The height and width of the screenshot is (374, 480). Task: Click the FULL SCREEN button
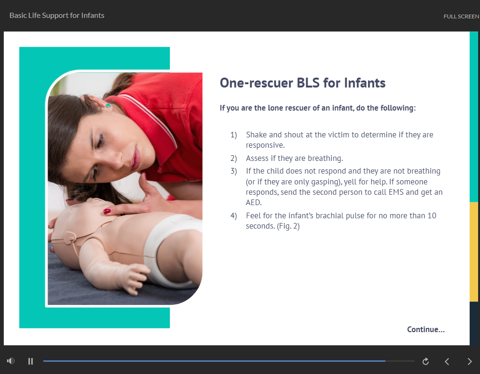(461, 16)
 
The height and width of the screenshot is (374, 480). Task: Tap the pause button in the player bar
(31, 361)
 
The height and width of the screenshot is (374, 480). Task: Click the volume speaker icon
(11, 361)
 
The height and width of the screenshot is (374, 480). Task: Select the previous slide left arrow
(447, 362)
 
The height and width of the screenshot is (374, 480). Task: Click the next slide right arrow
(470, 362)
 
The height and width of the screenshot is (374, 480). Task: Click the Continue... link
(426, 330)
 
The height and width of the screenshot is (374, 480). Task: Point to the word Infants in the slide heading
(365, 83)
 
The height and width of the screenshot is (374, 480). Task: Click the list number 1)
(233, 135)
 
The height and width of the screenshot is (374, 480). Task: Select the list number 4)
(233, 216)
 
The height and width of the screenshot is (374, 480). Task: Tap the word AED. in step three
(254, 203)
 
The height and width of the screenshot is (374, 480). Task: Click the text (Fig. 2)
(288, 226)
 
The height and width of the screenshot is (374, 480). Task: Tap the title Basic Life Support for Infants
(57, 16)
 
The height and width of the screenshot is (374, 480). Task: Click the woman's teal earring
(108, 105)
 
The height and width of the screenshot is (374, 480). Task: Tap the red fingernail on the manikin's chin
(107, 211)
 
